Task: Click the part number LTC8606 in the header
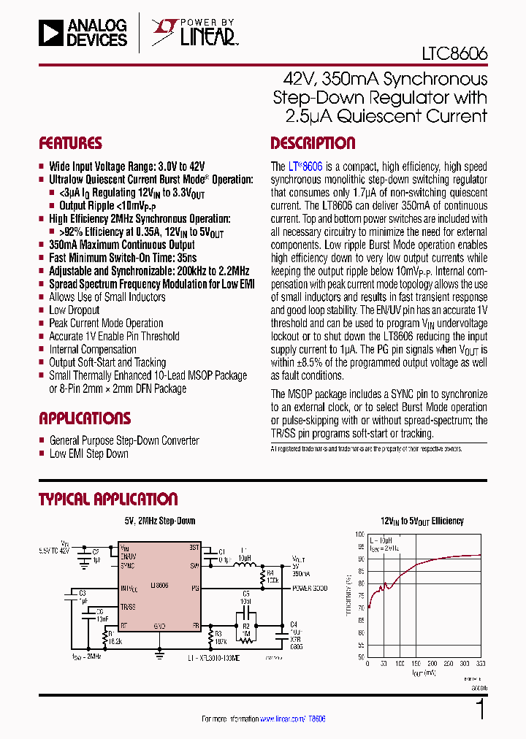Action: coord(454,54)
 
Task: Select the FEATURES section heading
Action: coord(70,143)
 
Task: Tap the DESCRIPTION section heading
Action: coord(313,143)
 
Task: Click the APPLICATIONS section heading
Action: coord(85,418)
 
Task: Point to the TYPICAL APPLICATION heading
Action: coord(108,499)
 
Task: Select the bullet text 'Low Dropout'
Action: coord(74,310)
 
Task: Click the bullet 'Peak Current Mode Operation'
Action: coord(106,323)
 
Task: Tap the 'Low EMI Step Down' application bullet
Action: coord(88,453)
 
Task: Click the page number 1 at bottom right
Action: coord(480,710)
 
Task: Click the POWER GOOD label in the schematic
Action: coord(310,588)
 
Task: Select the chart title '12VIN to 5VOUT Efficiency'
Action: coord(422,521)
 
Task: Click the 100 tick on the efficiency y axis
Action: coord(359,534)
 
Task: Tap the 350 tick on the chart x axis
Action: coord(481,664)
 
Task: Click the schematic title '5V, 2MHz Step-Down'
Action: coord(160,521)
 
